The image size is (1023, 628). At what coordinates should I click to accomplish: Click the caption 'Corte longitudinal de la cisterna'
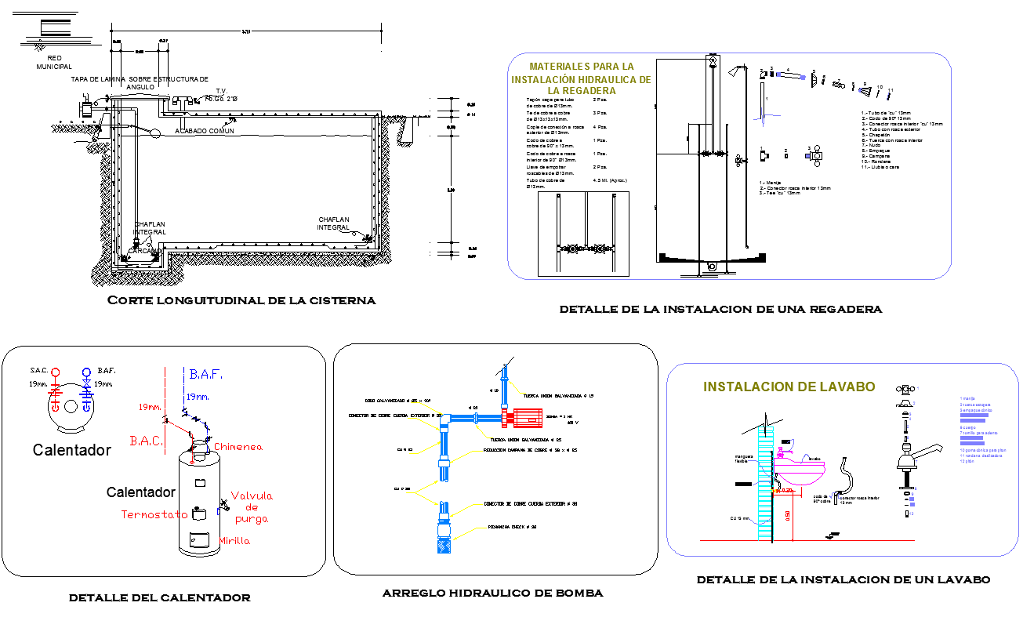pos(241,300)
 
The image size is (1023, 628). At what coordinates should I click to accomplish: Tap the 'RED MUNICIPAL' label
pos(54,63)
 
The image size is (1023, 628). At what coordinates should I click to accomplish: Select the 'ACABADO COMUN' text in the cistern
pos(205,131)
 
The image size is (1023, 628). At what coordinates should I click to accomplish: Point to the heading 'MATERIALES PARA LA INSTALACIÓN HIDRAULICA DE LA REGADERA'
pos(581,78)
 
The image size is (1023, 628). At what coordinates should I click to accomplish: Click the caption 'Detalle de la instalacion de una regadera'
pos(720,309)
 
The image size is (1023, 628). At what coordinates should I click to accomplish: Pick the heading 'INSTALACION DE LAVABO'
pos(789,387)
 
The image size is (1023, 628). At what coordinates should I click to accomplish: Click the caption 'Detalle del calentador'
pos(160,597)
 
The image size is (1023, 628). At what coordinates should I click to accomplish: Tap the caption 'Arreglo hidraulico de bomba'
pos(492,594)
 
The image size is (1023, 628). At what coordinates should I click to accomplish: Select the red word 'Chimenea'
pos(238,447)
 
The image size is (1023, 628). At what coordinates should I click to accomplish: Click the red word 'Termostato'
pos(154,514)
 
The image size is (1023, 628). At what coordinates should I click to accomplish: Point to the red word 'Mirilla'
pos(235,540)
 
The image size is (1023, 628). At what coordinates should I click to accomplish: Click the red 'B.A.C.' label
pos(146,441)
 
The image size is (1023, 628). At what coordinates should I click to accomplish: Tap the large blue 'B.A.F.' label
pos(205,375)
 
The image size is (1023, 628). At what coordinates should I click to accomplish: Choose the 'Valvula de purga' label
pos(252,506)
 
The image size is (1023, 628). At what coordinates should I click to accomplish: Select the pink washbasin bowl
pos(800,474)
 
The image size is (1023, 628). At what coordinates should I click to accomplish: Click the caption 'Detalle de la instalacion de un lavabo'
pos(843,580)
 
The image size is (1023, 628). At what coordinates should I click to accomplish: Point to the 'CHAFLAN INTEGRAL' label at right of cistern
pos(333,223)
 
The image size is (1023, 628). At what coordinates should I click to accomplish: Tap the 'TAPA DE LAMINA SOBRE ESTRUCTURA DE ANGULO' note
pos(140,83)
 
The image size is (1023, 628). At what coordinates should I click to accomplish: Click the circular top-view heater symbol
pos(71,405)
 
